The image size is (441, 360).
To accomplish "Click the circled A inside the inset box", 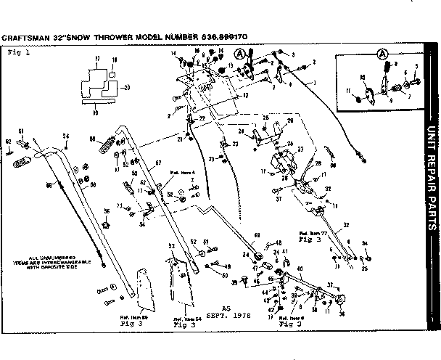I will point(382,52).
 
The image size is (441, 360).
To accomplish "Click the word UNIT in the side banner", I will point(431,142).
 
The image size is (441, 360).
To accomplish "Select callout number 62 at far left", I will point(8,142).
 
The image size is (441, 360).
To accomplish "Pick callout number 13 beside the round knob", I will point(231,65).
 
